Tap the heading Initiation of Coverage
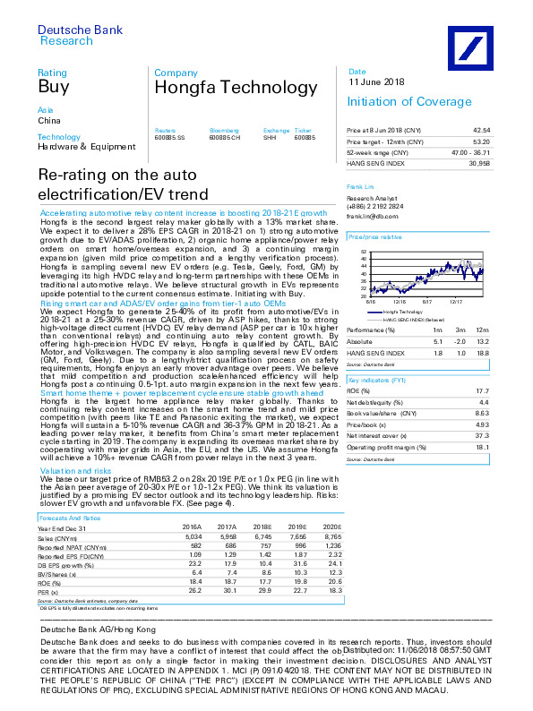point(398,102)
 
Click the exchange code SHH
point(269,136)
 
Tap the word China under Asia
point(47,119)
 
